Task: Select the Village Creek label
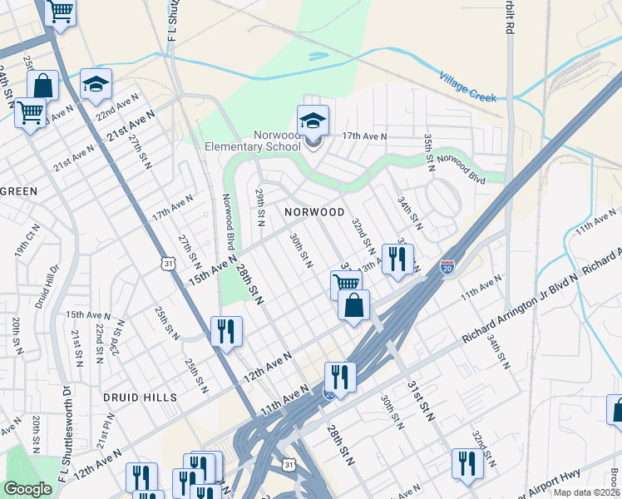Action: (467, 86)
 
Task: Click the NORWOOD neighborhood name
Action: (314, 212)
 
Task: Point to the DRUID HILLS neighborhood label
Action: (141, 398)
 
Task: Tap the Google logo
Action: (27, 490)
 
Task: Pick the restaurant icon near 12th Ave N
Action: (226, 331)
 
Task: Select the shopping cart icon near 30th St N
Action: (346, 284)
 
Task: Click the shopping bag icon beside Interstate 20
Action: (354, 305)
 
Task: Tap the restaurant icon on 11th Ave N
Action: (340, 377)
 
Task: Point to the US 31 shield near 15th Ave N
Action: (169, 264)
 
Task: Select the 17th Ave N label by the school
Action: (365, 136)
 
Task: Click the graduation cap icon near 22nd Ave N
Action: (96, 85)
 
